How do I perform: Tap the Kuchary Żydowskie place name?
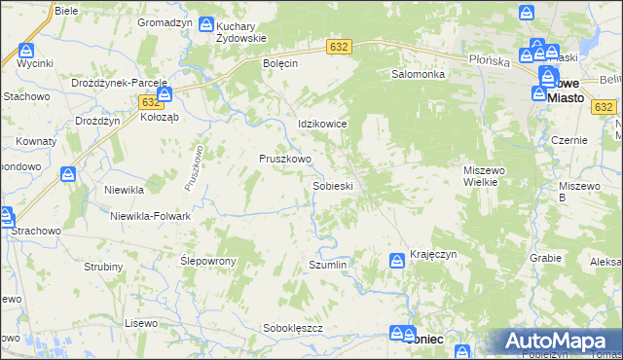coord(241,31)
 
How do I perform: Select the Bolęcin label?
coord(279,62)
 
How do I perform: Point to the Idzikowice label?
coord(322,125)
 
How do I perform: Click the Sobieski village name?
coord(332,185)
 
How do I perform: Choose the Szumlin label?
coord(327,265)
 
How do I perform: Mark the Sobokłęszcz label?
coord(293,329)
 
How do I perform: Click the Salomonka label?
coord(418,74)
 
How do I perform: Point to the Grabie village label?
coord(546,258)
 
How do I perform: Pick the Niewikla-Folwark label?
coord(150,216)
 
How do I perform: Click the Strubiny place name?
coord(103,267)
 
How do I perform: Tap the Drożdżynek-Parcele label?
coord(120,83)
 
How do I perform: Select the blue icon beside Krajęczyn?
coord(397,260)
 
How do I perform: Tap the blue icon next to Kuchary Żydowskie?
coord(206,24)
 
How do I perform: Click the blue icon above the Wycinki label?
coord(26,49)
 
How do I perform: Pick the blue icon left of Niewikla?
coord(68,175)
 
